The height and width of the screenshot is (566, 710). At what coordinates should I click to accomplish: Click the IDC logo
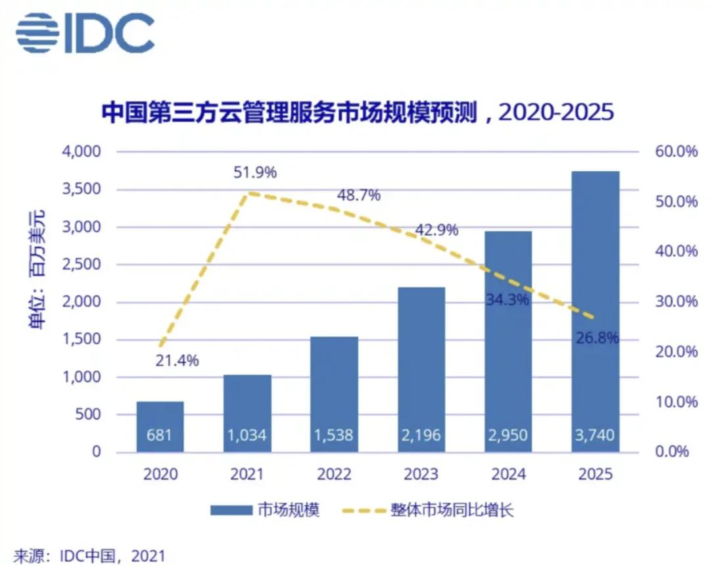[85, 33]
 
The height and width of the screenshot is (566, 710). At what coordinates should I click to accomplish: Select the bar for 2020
[160, 426]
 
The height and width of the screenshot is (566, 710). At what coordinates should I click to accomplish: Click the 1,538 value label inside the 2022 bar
[334, 436]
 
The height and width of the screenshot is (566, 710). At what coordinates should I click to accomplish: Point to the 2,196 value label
[421, 436]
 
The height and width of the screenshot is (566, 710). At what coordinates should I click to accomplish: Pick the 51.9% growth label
[255, 173]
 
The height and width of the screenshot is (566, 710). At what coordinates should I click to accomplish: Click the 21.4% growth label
[177, 361]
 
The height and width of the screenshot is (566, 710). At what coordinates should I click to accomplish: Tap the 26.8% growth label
[597, 338]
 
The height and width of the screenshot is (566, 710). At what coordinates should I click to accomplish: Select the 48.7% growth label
[358, 195]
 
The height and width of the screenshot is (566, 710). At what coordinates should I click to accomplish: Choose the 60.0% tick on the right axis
[676, 152]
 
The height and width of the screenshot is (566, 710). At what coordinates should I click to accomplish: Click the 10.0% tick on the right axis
[676, 402]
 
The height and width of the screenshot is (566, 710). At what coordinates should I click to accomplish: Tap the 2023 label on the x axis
[421, 475]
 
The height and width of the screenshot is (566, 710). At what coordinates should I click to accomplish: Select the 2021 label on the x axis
[247, 475]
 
